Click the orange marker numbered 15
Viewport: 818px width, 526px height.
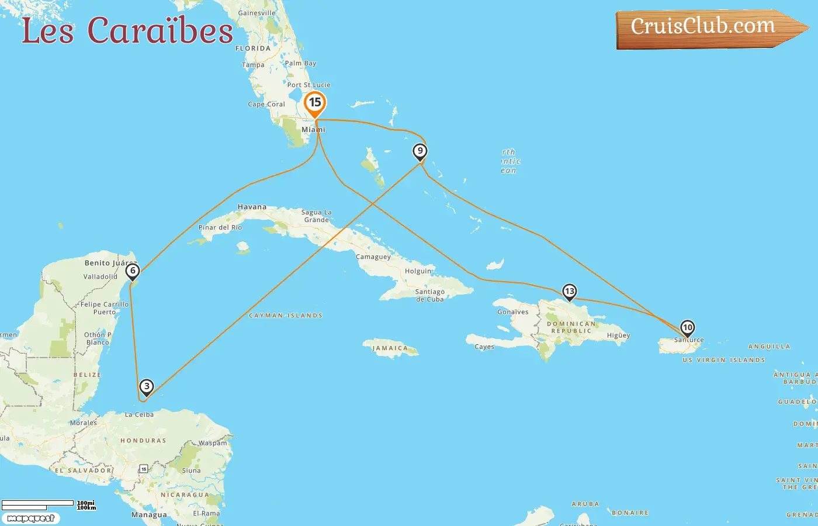pyautogui.click(x=315, y=103)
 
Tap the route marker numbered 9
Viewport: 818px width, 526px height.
pyautogui.click(x=420, y=151)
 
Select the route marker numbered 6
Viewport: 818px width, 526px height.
pyautogui.click(x=133, y=271)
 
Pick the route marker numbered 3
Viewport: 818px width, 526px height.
pyautogui.click(x=147, y=386)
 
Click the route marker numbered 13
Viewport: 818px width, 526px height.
pyautogui.click(x=569, y=291)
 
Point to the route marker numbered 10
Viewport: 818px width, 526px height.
pyautogui.click(x=688, y=328)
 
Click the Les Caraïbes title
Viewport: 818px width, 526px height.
pyautogui.click(x=127, y=31)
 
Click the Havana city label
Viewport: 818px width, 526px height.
pyautogui.click(x=252, y=207)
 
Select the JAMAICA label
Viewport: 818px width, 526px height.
pyautogui.click(x=390, y=348)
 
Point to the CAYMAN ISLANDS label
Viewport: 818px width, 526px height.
pyautogui.click(x=286, y=316)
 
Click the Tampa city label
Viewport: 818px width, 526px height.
pyautogui.click(x=253, y=65)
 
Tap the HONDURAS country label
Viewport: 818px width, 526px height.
pyautogui.click(x=143, y=441)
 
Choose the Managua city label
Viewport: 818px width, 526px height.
pyautogui.click(x=149, y=515)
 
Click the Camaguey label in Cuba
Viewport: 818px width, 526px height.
pyautogui.click(x=373, y=257)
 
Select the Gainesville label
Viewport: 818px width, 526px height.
pyautogui.click(x=257, y=13)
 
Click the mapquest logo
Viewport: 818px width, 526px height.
pyautogui.click(x=31, y=518)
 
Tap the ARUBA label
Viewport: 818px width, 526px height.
pyautogui.click(x=585, y=504)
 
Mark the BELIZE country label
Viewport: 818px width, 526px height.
pyautogui.click(x=87, y=375)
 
